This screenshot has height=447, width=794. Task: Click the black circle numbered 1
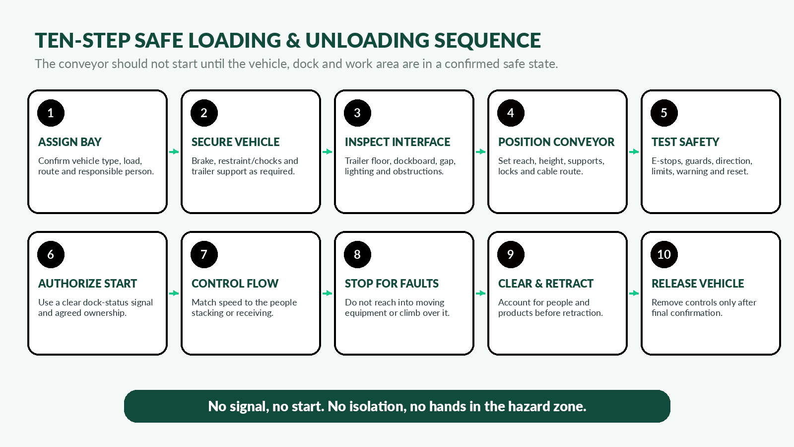[x=51, y=113]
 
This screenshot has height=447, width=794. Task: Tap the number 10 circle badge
[x=664, y=254]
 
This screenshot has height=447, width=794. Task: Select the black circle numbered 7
[x=204, y=254]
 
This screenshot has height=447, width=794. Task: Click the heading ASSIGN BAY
[x=70, y=142]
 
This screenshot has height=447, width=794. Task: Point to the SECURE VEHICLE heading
[x=235, y=142]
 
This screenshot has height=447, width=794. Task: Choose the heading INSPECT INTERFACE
[x=397, y=142]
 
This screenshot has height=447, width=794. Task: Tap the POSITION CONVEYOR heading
[x=556, y=142]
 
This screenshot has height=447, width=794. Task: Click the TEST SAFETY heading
[x=685, y=142]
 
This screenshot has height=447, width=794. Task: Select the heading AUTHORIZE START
[x=87, y=284]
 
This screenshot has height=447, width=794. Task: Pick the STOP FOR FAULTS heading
[x=392, y=284]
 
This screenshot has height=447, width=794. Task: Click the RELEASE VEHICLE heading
[x=698, y=284]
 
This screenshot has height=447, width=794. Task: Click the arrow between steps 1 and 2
[x=174, y=152]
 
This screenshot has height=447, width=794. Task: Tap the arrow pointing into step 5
[x=634, y=152]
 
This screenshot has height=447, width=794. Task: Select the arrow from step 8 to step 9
[x=481, y=294]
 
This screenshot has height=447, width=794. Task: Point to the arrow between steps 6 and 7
[x=174, y=294]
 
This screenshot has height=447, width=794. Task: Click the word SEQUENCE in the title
[x=487, y=40]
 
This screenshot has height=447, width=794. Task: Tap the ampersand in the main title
[x=293, y=40]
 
